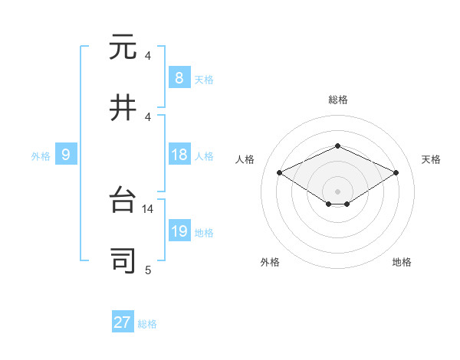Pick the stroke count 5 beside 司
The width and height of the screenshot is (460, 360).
[148, 270]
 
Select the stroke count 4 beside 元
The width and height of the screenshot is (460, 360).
[148, 56]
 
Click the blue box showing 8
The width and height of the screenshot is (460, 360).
[179, 77]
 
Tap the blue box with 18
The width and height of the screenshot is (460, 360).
[179, 155]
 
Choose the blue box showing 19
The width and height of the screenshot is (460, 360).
[179, 232]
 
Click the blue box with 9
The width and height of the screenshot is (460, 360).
[66, 155]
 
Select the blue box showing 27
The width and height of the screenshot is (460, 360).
[122, 322]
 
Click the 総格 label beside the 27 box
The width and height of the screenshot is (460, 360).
[148, 324]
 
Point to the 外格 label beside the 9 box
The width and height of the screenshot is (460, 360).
[41, 156]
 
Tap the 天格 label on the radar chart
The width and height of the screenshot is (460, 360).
[431, 159]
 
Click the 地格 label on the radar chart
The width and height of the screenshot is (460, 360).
[402, 262]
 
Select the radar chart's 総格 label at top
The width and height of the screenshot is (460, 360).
[337, 100]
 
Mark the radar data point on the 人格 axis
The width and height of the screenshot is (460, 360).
[279, 173]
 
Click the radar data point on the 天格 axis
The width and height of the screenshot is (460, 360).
[396, 173]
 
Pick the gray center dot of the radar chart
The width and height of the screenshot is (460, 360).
[337, 191]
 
